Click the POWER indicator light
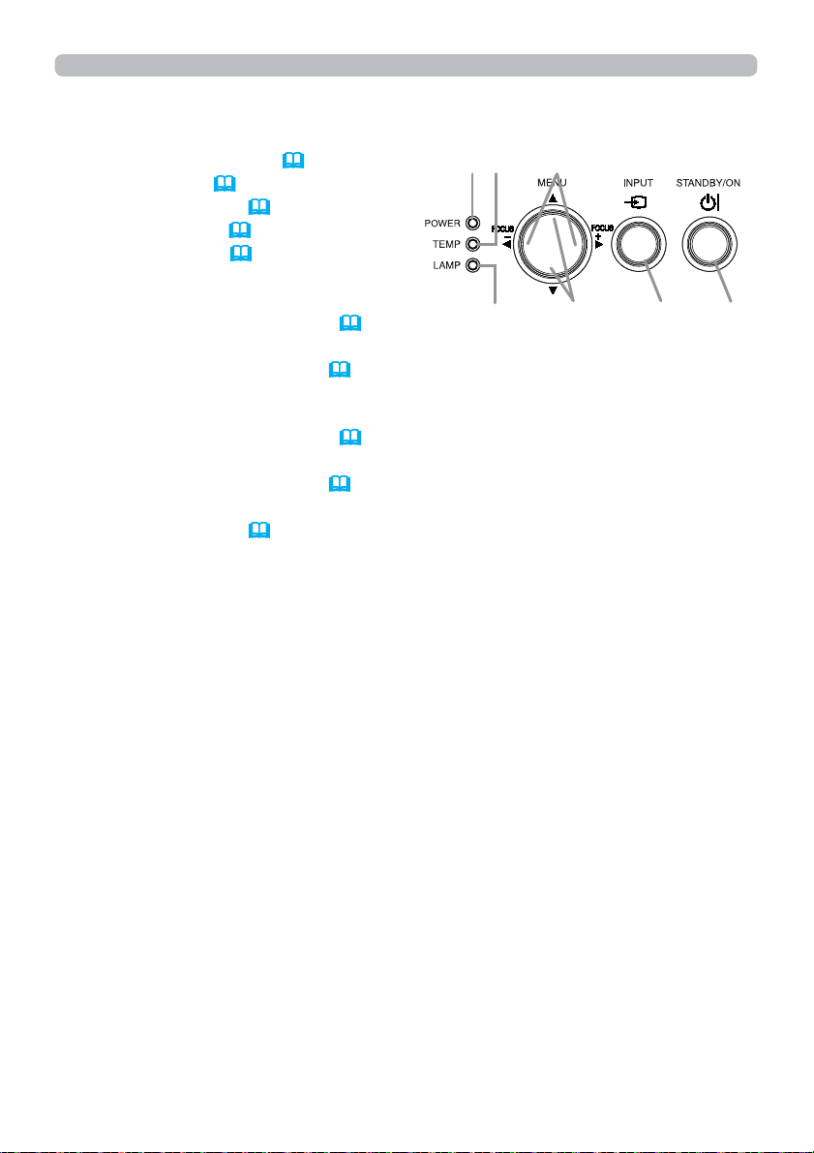[x=474, y=223]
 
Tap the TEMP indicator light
[x=474, y=244]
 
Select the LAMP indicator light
[x=474, y=266]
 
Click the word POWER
[x=442, y=223]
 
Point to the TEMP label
[x=447, y=245]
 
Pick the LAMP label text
[x=446, y=267]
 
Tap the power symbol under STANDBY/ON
[x=708, y=201]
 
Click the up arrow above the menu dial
[x=553, y=197]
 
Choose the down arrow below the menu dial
[x=553, y=289]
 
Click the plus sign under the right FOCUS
[x=598, y=235]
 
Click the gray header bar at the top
[x=406, y=65]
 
